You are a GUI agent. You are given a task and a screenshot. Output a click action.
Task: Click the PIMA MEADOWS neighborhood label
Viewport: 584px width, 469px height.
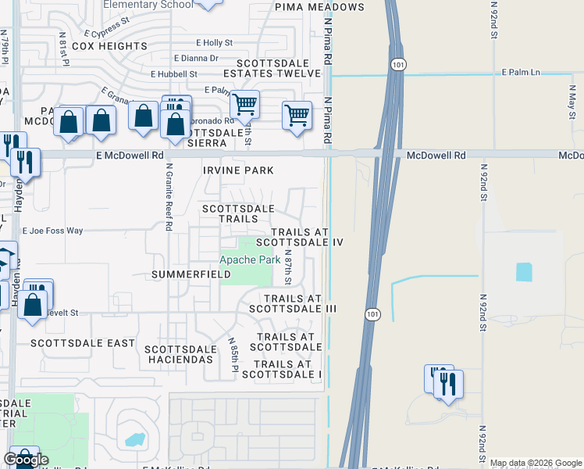319,7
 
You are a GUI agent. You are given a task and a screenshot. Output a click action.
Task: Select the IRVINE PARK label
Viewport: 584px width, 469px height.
238,170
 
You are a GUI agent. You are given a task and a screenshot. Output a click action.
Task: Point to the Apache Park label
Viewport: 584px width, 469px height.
250,260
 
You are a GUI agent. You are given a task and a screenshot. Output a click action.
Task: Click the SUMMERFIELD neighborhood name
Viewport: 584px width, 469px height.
191,275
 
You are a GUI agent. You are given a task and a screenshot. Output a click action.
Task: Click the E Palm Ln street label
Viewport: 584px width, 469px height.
520,72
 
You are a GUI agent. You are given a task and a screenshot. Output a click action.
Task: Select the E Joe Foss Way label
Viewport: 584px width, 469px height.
52,231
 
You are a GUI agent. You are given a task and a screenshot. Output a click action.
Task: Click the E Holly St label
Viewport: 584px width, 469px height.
215,43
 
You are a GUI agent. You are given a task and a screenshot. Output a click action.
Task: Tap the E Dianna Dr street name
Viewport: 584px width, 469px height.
196,58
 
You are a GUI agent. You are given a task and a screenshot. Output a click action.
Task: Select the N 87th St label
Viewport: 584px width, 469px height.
288,266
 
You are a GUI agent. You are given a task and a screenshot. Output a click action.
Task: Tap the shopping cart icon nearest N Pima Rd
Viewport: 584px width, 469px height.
297,116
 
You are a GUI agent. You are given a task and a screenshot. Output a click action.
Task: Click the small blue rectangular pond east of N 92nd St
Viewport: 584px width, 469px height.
523,271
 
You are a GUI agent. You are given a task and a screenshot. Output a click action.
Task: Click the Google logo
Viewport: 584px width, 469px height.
26,460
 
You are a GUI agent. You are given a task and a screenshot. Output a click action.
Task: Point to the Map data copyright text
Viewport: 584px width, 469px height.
536,463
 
